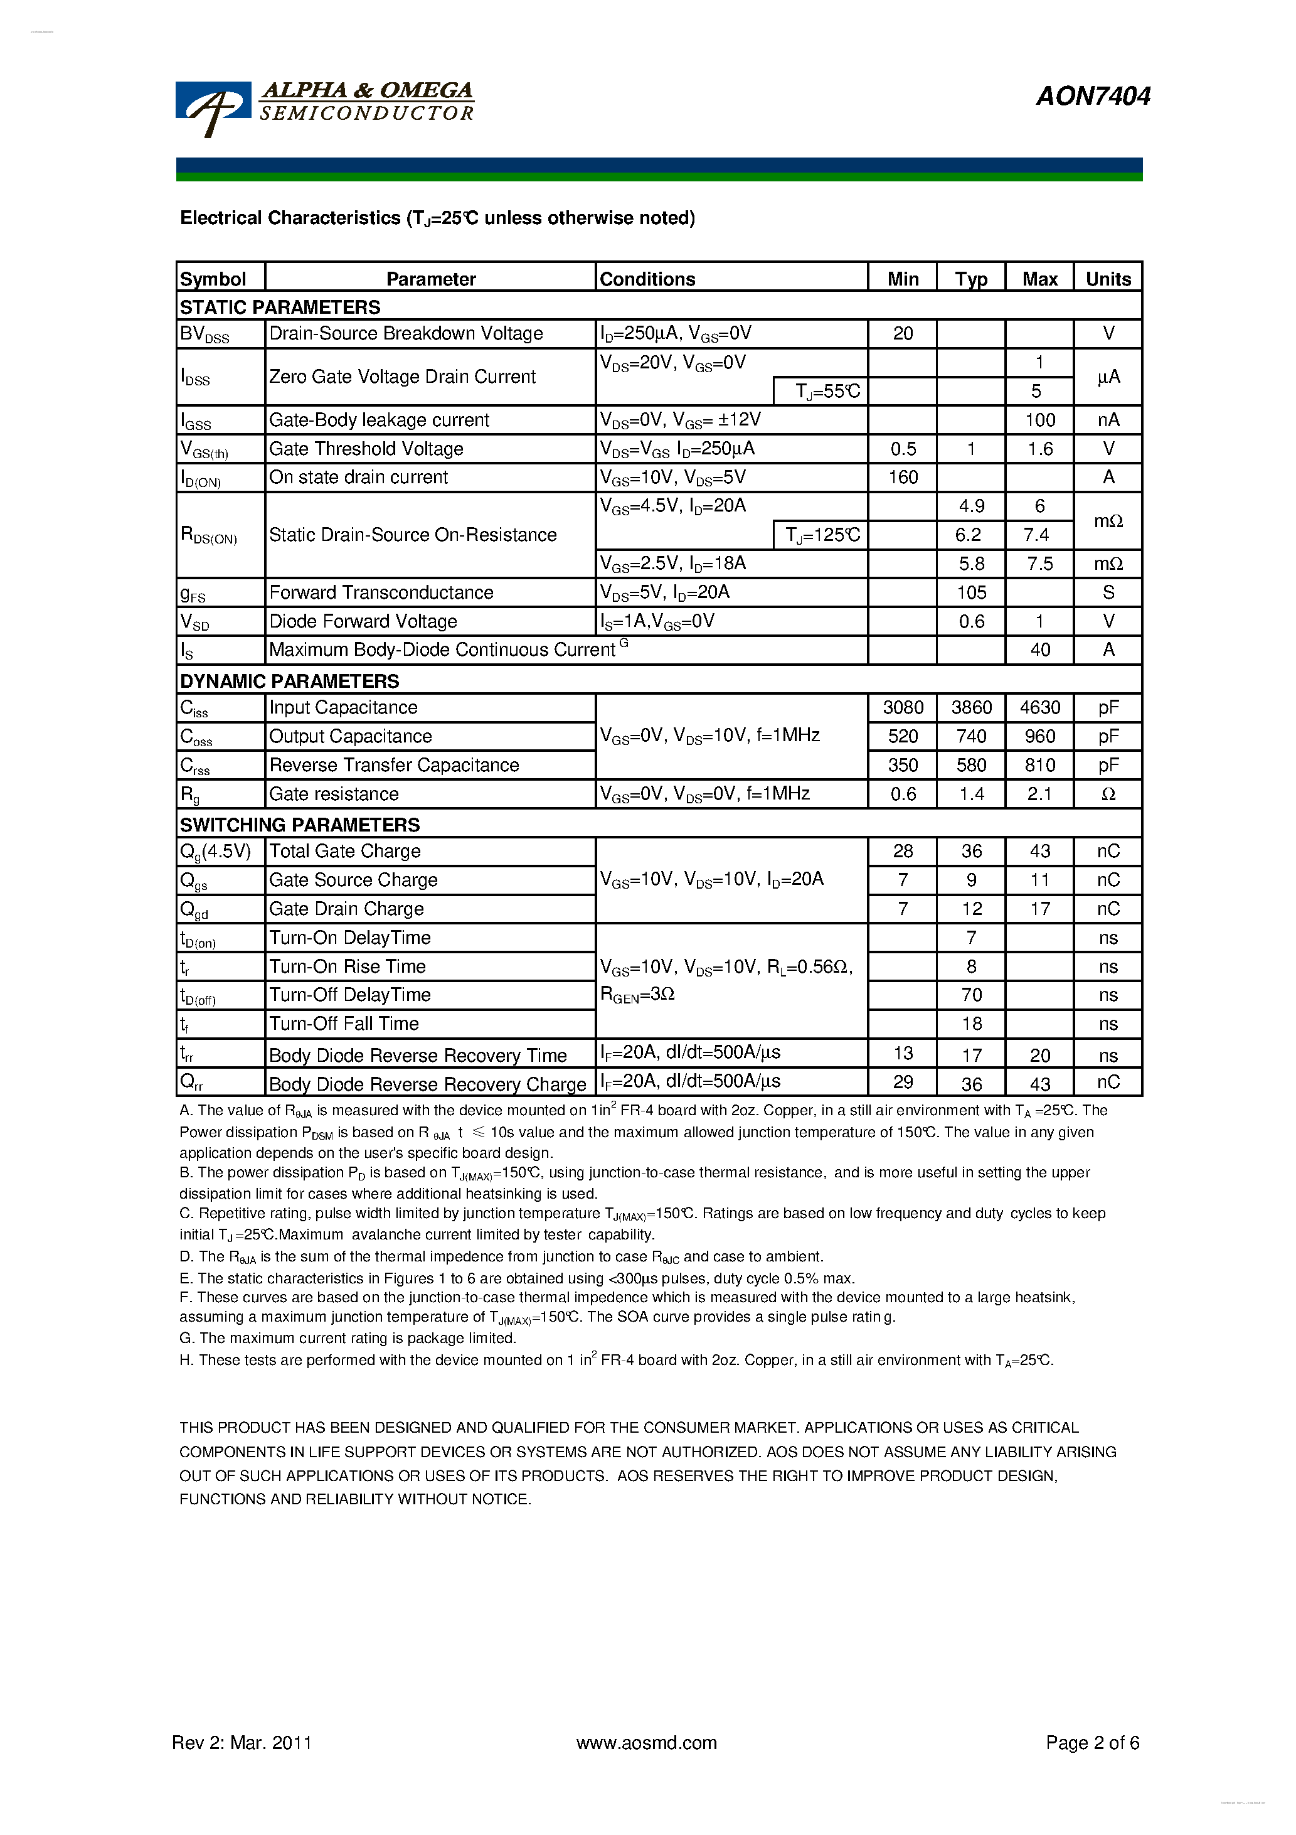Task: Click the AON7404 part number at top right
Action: point(1092,96)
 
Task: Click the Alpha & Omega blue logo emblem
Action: point(213,108)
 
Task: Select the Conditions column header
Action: point(647,279)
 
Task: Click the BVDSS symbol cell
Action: point(205,334)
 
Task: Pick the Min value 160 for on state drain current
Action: point(903,477)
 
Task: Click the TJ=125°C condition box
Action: point(821,535)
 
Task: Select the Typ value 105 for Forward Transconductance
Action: point(971,592)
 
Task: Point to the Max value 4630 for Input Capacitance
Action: point(1039,707)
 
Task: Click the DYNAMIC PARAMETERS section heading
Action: point(289,681)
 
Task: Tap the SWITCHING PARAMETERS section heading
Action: point(300,825)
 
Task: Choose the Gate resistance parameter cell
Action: point(334,794)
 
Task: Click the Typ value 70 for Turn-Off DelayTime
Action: point(971,995)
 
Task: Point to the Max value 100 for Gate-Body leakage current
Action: point(1039,420)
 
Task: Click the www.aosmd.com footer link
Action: point(646,1742)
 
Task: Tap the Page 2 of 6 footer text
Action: point(1092,1742)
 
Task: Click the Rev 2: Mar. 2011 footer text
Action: point(242,1742)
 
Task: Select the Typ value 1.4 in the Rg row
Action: point(971,794)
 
